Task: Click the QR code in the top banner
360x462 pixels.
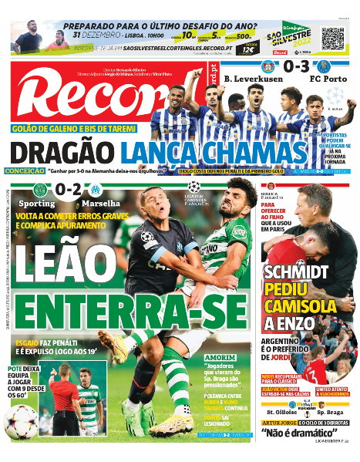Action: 332,39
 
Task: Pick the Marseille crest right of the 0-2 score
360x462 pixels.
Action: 96,190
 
